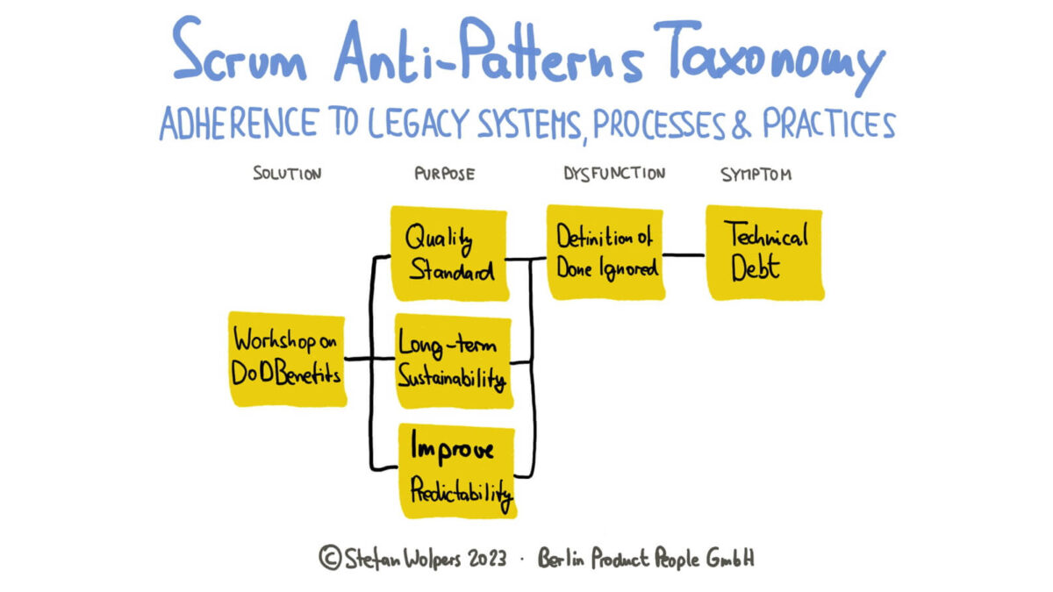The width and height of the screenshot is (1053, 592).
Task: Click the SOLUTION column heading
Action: (x=287, y=174)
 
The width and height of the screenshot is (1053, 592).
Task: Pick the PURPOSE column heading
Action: (x=444, y=174)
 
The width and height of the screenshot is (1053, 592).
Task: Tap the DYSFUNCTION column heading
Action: (x=614, y=174)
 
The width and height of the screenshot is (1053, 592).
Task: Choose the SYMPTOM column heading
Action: (x=756, y=174)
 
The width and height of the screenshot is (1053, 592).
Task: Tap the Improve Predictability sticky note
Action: (x=455, y=470)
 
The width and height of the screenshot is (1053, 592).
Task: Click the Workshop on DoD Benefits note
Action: (x=286, y=358)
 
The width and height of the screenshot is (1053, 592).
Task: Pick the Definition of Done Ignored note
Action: (x=606, y=253)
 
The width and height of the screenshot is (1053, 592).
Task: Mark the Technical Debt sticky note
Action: (x=764, y=253)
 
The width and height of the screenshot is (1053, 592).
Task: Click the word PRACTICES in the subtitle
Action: (x=828, y=126)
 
